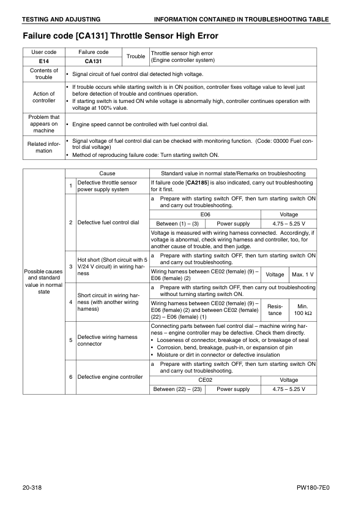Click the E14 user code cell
click(x=43, y=61)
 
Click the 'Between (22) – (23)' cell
click(x=176, y=389)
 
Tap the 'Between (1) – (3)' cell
click(x=176, y=224)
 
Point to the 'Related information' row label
click(x=43, y=147)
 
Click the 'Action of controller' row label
click(x=43, y=97)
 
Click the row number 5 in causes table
click(x=70, y=340)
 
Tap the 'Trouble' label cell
click(x=135, y=56)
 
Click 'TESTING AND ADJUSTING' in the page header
click(x=62, y=20)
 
